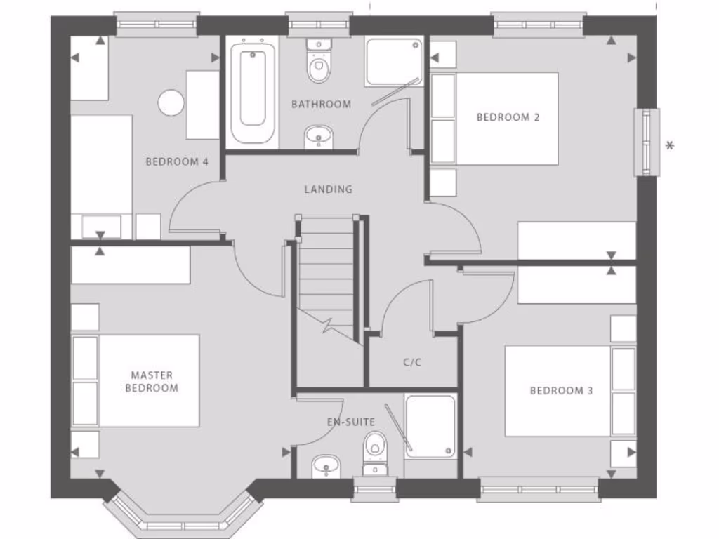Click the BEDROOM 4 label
coord(177,161)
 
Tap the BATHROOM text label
coord(321,105)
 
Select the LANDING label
coord(328,189)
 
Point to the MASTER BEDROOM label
coord(152,382)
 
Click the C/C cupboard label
coord(412,362)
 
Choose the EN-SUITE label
coord(351,422)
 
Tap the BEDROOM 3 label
coord(557,390)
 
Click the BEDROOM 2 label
coord(508,117)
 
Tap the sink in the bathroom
coord(319,136)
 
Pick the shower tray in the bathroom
coord(394,62)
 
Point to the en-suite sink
coord(326,465)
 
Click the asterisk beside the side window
coord(670,146)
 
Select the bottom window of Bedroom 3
coord(539,488)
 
